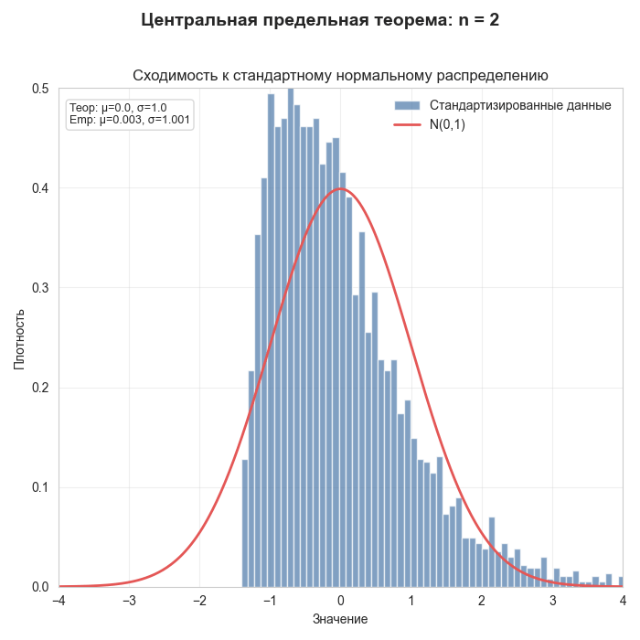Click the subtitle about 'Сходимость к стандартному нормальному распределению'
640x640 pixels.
pyautogui.click(x=340, y=75)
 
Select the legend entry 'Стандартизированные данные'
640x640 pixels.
pyautogui.click(x=520, y=105)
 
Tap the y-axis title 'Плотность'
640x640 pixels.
pyautogui.click(x=19, y=337)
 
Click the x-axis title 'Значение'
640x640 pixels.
pyautogui.click(x=340, y=620)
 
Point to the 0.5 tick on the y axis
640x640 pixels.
pyautogui.click(x=39, y=89)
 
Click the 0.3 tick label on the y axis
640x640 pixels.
pyautogui.click(x=39, y=288)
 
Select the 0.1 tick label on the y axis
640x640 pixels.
pyautogui.click(x=39, y=487)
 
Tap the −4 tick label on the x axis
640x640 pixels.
pyautogui.click(x=59, y=601)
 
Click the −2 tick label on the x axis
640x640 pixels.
pyautogui.click(x=199, y=601)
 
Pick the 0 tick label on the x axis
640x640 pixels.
pyautogui.click(x=340, y=601)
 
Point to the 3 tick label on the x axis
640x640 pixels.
pyautogui.click(x=552, y=601)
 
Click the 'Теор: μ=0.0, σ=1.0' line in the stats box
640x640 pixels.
pyautogui.click(x=118, y=108)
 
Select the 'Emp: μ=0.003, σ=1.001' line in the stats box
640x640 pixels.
pyautogui.click(x=130, y=120)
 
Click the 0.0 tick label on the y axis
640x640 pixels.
pyautogui.click(x=39, y=587)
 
